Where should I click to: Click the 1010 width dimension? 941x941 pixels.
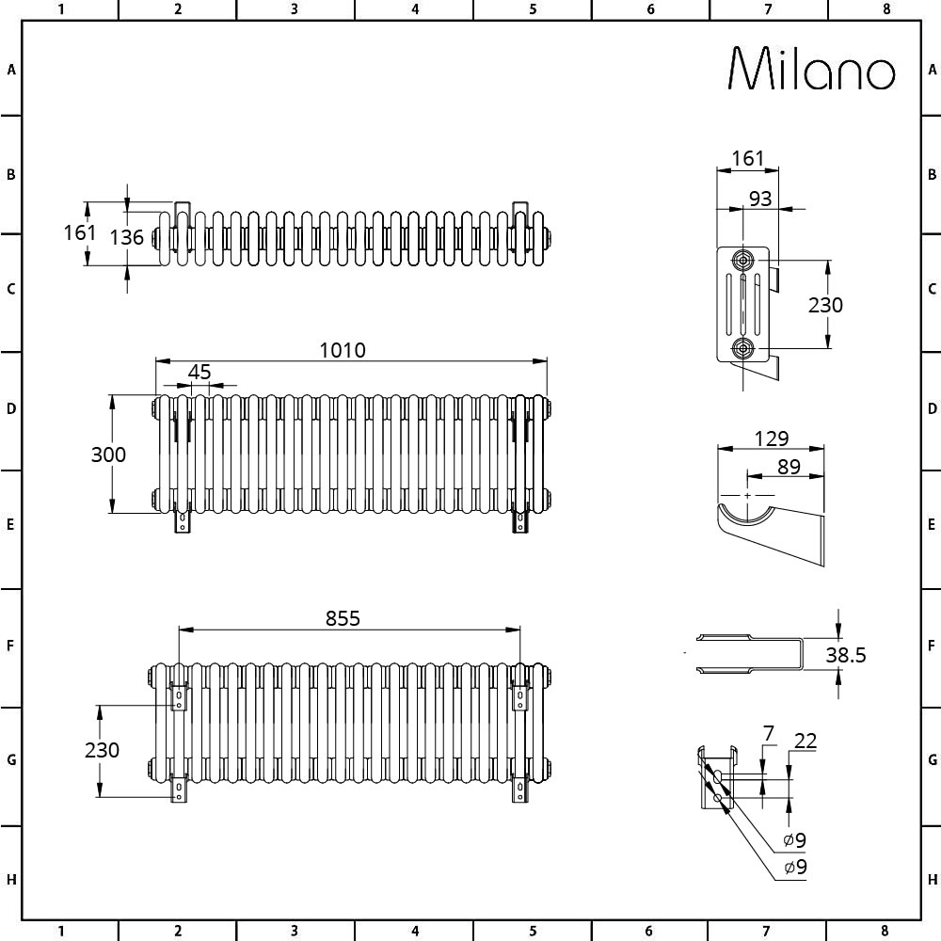tap(343, 350)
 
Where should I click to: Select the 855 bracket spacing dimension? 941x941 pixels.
tap(343, 618)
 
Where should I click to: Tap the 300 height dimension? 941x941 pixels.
tap(108, 455)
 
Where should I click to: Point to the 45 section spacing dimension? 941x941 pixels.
tap(199, 372)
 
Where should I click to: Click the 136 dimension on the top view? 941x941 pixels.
tap(127, 237)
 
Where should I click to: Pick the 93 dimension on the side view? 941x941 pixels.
tap(760, 199)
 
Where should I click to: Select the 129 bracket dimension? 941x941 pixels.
tap(772, 439)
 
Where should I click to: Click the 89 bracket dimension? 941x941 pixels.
tap(789, 467)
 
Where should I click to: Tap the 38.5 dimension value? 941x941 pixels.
tap(846, 655)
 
